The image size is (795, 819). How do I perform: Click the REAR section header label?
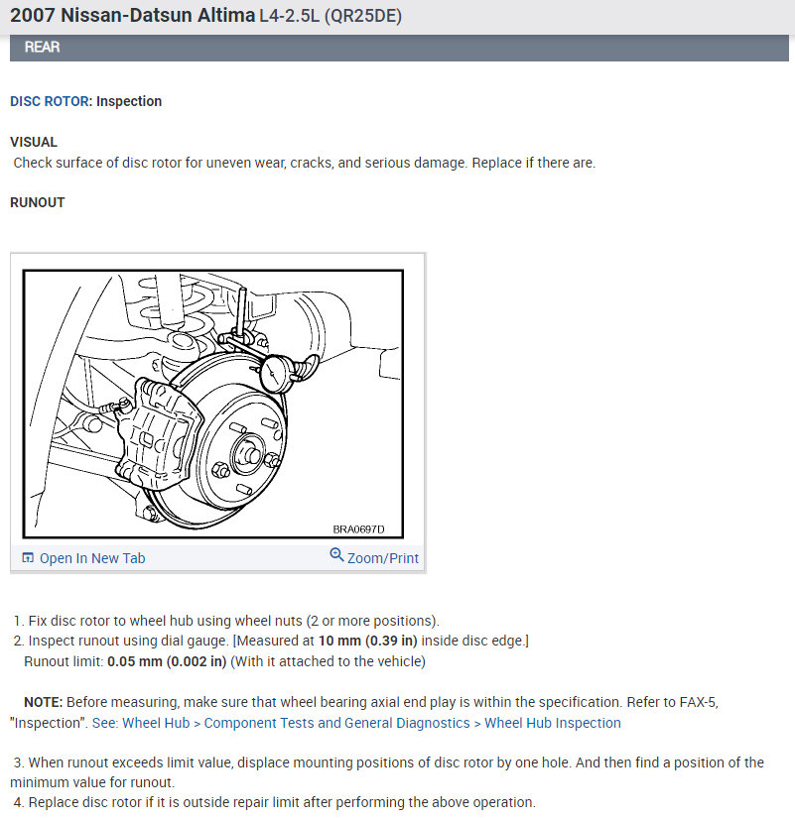[x=41, y=47]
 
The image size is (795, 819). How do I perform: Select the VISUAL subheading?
[x=34, y=142]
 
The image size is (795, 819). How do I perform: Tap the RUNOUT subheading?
[x=37, y=202]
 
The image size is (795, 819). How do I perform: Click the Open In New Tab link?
[x=91, y=558]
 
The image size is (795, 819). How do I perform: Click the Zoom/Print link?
[x=382, y=558]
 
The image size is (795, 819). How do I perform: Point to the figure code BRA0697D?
[x=358, y=529]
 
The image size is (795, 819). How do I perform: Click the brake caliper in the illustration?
[x=154, y=436]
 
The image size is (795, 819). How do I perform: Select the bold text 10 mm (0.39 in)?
[x=367, y=642]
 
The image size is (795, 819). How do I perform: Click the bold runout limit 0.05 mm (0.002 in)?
[x=167, y=661]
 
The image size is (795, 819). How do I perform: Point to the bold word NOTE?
[x=44, y=702]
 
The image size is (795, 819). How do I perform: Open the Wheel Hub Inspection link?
[x=552, y=723]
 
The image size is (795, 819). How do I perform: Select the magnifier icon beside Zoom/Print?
[x=336, y=556]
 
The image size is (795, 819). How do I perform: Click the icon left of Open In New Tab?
[x=28, y=558]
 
